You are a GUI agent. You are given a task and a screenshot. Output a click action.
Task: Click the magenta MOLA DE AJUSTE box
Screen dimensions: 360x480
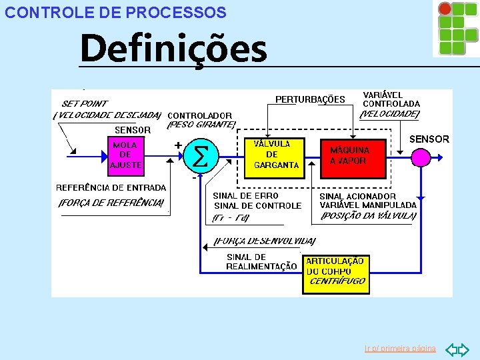[x=125, y=155]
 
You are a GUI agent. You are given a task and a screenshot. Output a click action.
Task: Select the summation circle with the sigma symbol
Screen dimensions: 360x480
[x=199, y=157]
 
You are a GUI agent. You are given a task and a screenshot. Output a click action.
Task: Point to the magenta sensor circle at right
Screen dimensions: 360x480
[x=421, y=157]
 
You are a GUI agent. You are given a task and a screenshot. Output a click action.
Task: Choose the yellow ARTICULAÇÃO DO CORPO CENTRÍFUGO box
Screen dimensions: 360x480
[x=335, y=271]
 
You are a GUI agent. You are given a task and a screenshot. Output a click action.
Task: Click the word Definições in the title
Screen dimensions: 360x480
[x=173, y=48]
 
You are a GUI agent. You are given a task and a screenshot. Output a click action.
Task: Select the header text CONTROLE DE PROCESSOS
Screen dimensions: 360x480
[x=115, y=13]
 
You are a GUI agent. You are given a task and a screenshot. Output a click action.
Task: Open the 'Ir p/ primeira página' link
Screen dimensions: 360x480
[x=400, y=349]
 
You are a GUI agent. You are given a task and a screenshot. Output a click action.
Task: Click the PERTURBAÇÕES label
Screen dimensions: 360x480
[x=310, y=99]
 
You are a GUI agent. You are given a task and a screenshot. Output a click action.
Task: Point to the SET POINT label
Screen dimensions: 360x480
[x=85, y=103]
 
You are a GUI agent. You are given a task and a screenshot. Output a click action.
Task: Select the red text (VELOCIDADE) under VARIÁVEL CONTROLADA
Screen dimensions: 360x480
[x=390, y=114]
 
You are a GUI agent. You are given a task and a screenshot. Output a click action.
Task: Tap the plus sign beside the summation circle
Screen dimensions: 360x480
[x=178, y=144]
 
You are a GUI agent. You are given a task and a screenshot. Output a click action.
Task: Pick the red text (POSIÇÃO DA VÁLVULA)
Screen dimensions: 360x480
[x=369, y=215]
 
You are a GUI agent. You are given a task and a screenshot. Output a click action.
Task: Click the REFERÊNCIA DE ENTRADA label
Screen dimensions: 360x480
[x=111, y=187]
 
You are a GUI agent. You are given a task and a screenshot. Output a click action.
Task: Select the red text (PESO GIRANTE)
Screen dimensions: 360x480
[x=201, y=124]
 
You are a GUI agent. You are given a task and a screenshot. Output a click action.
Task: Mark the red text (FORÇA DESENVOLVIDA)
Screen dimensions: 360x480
[x=265, y=241]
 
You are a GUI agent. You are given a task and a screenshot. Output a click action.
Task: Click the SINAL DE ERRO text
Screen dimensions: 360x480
[x=241, y=196]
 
